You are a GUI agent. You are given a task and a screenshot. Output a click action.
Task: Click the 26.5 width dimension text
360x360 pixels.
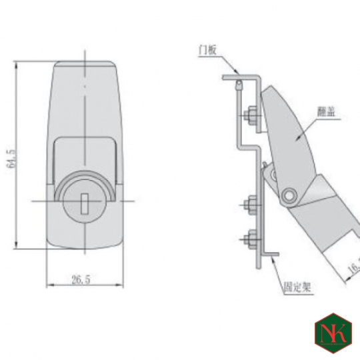82,280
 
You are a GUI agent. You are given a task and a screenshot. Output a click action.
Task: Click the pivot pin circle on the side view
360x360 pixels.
289,195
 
